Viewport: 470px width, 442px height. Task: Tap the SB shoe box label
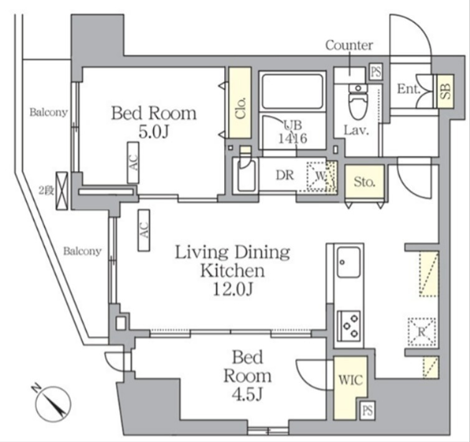[x=446, y=91]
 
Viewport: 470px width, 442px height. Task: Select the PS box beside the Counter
[x=376, y=72]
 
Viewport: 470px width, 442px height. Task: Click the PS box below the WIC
[x=367, y=410]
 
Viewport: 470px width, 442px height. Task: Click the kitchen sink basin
[x=349, y=263]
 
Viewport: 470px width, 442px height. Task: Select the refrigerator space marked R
[x=421, y=331]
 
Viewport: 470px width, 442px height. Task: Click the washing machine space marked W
[x=320, y=176]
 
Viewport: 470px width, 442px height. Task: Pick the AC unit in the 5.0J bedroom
[x=133, y=162]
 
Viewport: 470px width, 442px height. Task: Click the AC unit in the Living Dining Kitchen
[x=144, y=230]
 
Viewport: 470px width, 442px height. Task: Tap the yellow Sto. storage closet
[x=365, y=181]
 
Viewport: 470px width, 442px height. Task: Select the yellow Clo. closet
[x=240, y=103]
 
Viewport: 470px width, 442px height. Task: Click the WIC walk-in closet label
[x=350, y=380]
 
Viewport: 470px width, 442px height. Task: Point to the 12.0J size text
[x=233, y=289]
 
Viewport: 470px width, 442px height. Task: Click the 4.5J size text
[x=247, y=394]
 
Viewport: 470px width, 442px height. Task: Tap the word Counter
[x=349, y=45]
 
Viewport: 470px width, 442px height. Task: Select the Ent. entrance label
[x=408, y=89]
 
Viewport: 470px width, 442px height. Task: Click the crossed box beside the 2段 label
[x=62, y=191]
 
